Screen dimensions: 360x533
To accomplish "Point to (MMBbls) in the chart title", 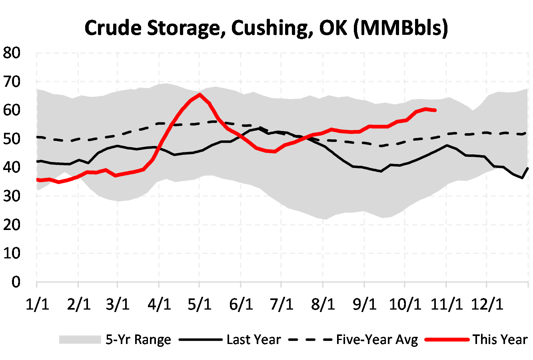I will pos(401,28).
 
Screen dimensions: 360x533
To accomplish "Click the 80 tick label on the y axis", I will pos(12,53).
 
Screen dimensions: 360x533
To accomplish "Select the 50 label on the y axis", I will pos(12,139).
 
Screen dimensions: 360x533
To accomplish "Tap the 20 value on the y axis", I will pos(12,225).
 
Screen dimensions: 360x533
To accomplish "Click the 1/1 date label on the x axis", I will pos(37,304).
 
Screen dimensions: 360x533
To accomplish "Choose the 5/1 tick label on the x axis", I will pos(200,304).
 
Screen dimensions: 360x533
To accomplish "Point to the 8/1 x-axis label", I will pos(323,304).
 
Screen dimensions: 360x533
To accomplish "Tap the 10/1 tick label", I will pos(405,304).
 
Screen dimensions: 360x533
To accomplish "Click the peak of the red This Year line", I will pos(200,94).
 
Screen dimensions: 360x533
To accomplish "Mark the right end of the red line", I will pos(435,110).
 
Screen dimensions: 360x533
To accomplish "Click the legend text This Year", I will pos(500,340).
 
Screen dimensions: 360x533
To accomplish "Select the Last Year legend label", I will pos(254,340).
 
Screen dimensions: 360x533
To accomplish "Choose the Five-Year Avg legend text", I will pos(377,340).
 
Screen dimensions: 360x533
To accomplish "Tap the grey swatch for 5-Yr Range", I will pos(80,340).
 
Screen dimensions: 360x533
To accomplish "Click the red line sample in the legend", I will pos(447,340).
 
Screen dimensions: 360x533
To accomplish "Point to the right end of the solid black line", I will pos(528,168).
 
